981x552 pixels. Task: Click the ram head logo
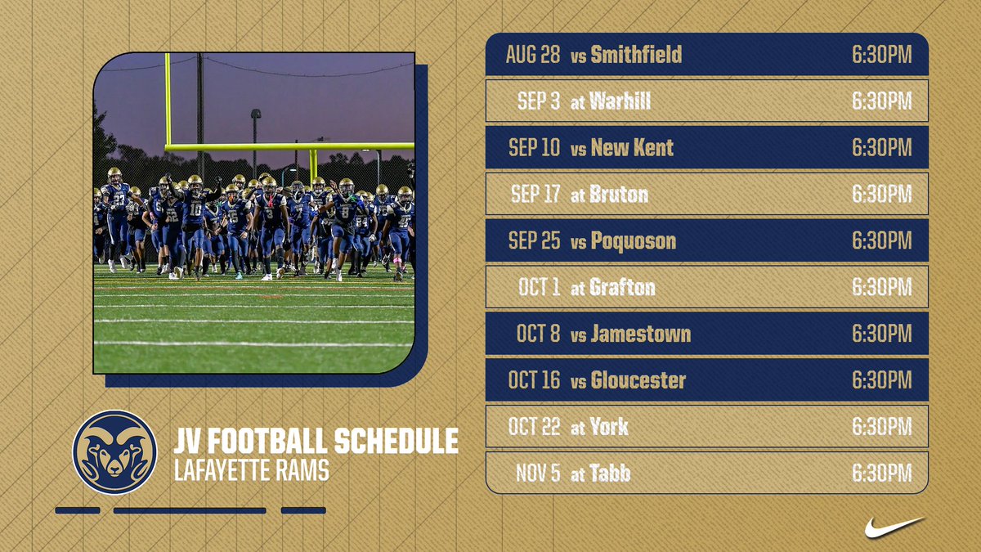click(114, 452)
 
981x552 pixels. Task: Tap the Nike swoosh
click(894, 527)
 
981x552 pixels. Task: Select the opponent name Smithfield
click(636, 55)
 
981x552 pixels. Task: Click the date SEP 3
click(539, 101)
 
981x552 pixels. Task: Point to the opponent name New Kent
click(632, 148)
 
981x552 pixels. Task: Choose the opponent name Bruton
click(619, 195)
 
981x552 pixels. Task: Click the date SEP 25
click(535, 241)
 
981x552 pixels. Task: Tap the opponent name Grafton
click(623, 288)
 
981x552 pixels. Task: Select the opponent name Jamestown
click(640, 334)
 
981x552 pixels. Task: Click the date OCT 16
click(535, 380)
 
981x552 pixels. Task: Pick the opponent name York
click(609, 427)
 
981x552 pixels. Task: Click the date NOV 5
click(538, 473)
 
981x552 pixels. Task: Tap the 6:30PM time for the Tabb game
click(881, 473)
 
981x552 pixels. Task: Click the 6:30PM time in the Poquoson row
click(881, 241)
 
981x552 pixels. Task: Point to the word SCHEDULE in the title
click(396, 442)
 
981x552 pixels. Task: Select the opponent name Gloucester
click(638, 380)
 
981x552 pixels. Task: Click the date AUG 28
click(533, 55)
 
